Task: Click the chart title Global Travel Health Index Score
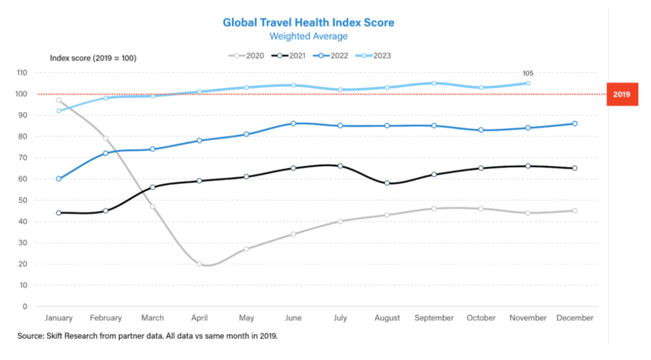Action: tap(308, 22)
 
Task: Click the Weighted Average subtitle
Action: tap(308, 37)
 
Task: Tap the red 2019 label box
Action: tap(621, 95)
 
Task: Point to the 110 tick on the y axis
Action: tap(22, 72)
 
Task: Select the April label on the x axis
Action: tap(200, 318)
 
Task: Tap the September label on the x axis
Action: tap(434, 318)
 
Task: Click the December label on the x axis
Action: tap(575, 318)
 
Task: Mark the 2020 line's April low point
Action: tap(200, 264)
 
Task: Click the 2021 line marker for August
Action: tap(387, 183)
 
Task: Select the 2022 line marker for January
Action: tap(59, 178)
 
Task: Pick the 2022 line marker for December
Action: tap(575, 123)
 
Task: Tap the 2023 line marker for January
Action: tap(59, 111)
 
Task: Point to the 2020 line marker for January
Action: tap(59, 100)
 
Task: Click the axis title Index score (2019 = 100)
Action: tap(93, 58)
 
